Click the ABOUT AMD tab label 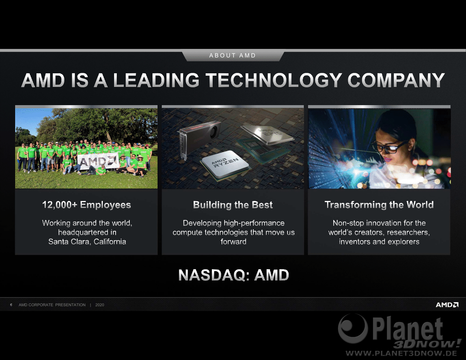click(233, 55)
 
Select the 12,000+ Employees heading click(87, 205)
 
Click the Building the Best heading click(233, 205)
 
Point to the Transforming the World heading click(379, 205)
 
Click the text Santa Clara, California click(87, 242)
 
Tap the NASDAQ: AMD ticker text click(234, 275)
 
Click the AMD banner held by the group click(98, 161)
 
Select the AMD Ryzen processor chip click(225, 164)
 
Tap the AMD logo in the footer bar click(447, 305)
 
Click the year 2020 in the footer click(100, 305)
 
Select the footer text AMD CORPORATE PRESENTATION click(52, 305)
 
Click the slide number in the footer click(11, 305)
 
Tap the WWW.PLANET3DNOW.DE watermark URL click(401, 353)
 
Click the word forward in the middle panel click(234, 242)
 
